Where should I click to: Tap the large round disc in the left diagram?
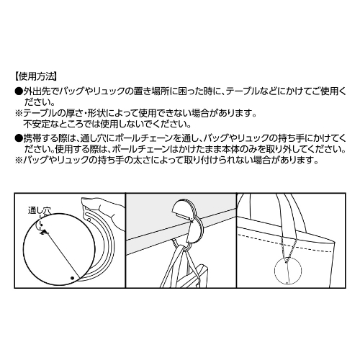click(60, 248)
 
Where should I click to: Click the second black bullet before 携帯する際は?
click(19, 136)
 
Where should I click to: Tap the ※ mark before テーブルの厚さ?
click(19, 114)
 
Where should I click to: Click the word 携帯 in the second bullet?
click(33, 136)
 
